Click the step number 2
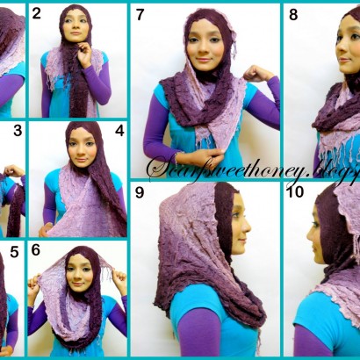pyautogui.click(x=37, y=13)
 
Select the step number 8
pyautogui.click(x=292, y=14)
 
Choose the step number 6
pyautogui.click(x=36, y=250)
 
